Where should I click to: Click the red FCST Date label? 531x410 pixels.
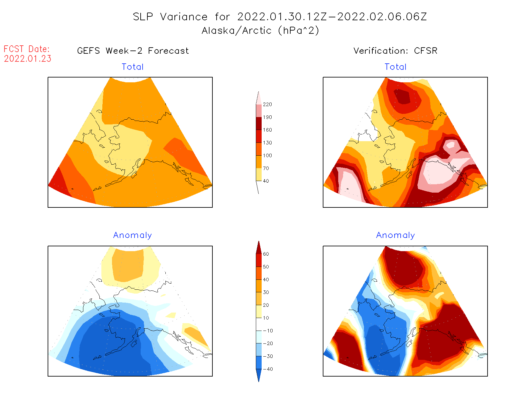(27, 49)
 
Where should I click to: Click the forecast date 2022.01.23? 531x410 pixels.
(28, 59)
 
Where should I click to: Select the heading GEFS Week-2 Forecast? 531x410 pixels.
(133, 51)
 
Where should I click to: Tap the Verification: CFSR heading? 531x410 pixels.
(395, 51)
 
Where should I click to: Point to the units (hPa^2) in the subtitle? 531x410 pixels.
(299, 31)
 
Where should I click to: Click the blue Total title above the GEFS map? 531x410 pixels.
(133, 67)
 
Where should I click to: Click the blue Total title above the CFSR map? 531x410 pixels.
(396, 67)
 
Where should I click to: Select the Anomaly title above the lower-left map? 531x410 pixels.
(133, 235)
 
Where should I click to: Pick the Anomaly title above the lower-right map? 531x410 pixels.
(396, 235)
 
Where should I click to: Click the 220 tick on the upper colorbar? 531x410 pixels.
(267, 105)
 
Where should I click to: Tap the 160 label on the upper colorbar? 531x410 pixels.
(267, 130)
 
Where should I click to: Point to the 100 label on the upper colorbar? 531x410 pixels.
(267, 155)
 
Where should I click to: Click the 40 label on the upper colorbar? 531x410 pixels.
(266, 181)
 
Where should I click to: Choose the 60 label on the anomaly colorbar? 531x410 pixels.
(266, 254)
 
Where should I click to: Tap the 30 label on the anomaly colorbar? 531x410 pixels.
(266, 292)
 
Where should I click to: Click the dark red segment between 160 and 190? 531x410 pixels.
(259, 123)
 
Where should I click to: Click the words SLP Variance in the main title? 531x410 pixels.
(170, 17)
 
